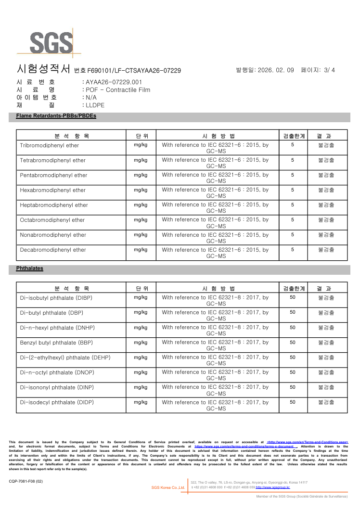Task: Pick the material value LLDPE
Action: [x=95, y=105]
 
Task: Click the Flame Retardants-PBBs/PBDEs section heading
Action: [x=56, y=116]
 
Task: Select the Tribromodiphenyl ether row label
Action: [x=49, y=145]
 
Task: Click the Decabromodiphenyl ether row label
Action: [x=53, y=250]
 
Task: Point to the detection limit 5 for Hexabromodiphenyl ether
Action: [x=293, y=190]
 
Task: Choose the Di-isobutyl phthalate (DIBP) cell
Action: [x=56, y=298]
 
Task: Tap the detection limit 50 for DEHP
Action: [x=293, y=358]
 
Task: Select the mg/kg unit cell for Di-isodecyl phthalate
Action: [x=141, y=402]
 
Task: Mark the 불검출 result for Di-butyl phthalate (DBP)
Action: [x=326, y=313]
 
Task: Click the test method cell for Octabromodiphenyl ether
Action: [x=216, y=223]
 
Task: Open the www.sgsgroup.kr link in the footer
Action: [x=273, y=487]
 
